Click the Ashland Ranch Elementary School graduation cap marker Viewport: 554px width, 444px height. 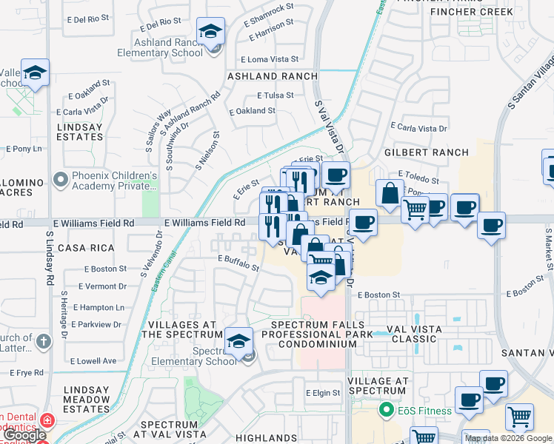pyautogui.click(x=211, y=33)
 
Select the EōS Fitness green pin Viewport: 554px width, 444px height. pyautogui.click(x=385, y=408)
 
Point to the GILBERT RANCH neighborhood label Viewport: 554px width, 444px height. pyautogui.click(x=427, y=152)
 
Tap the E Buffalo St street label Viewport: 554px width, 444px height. pyautogui.click(x=238, y=258)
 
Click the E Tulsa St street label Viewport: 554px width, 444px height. pyautogui.click(x=276, y=95)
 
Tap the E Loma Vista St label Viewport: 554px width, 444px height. pyautogui.click(x=270, y=59)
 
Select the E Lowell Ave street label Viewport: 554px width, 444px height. pyautogui.click(x=94, y=361)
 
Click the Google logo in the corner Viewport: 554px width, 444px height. pyautogui.click(x=24, y=436)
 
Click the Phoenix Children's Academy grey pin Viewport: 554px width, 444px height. pyautogui.click(x=60, y=181)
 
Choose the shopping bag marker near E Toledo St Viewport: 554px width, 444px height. pyautogui.click(x=389, y=193)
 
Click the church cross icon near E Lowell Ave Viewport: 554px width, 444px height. pyautogui.click(x=44, y=340)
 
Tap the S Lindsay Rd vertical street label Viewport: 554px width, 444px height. pyautogui.click(x=50, y=258)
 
